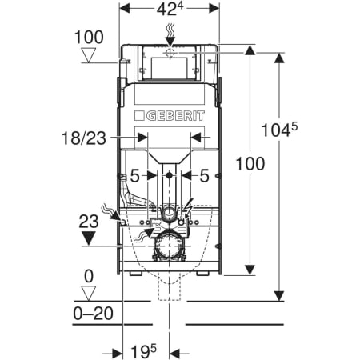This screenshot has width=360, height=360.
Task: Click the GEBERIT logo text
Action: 175,116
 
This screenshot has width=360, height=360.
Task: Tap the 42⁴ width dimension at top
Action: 170,9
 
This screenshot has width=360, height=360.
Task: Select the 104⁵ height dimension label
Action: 279,130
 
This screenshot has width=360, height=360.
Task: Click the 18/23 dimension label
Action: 84,138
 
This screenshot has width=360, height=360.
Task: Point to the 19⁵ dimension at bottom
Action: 144,351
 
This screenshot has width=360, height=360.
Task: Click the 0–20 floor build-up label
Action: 93,314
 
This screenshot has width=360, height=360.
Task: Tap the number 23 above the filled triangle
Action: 89,222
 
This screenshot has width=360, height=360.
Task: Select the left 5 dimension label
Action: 135,176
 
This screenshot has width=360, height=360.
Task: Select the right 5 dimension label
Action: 204,176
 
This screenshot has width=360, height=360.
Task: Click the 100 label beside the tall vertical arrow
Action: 250,163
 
